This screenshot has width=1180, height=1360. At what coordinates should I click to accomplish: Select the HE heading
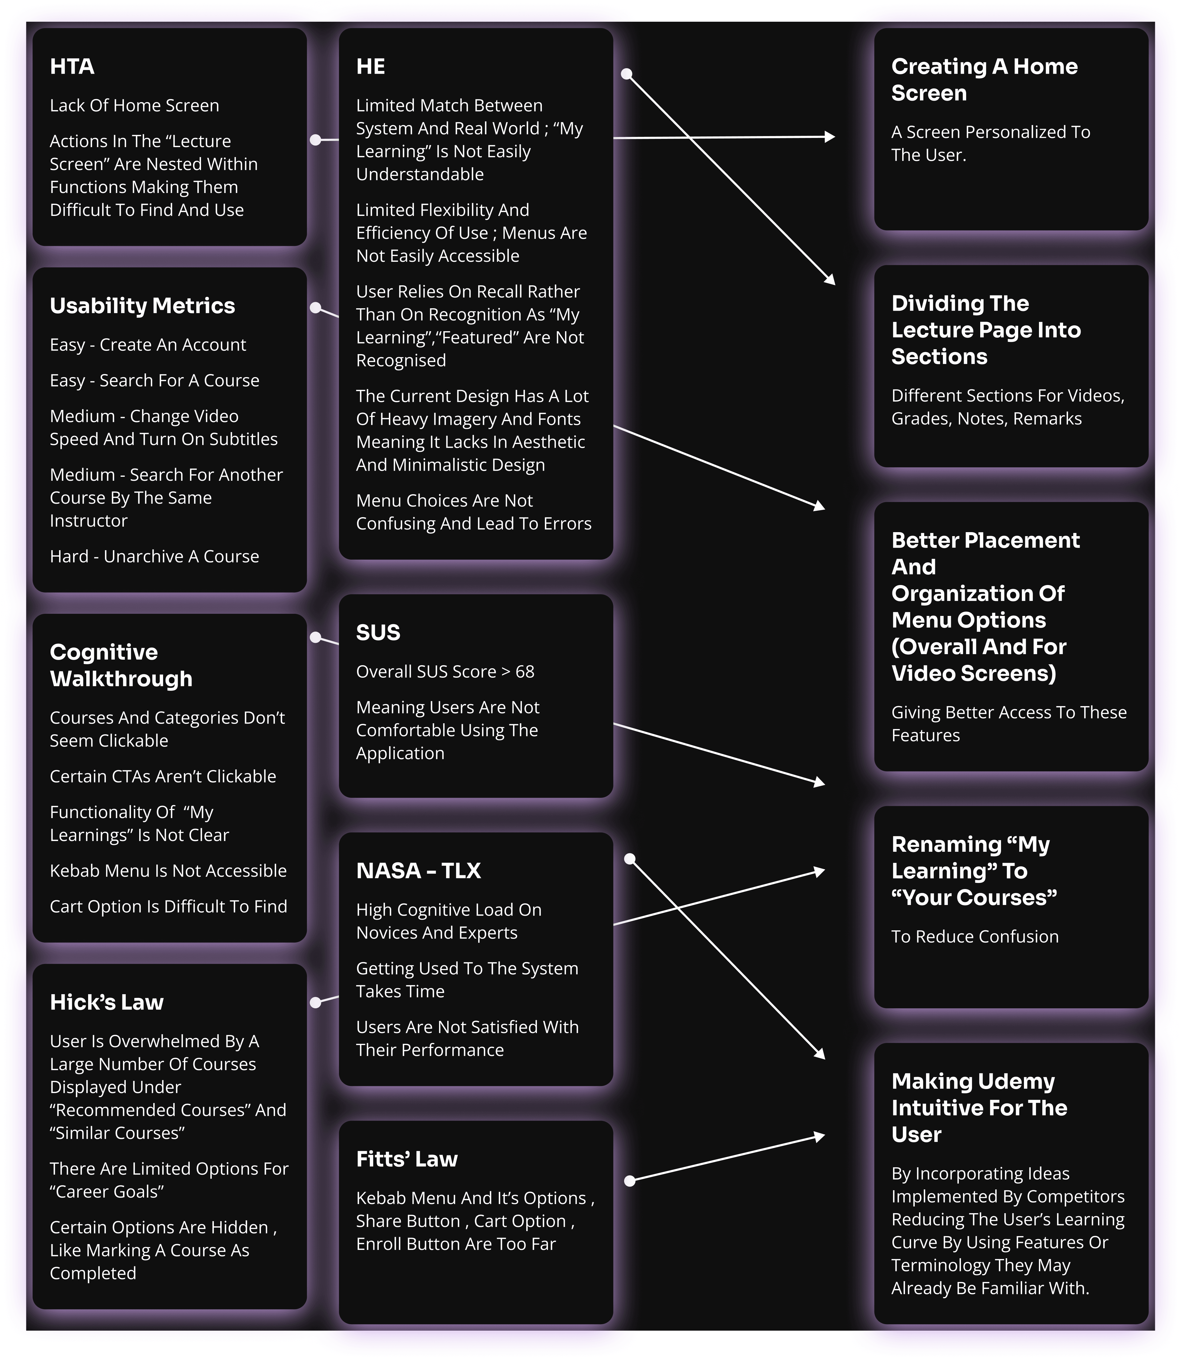(x=371, y=66)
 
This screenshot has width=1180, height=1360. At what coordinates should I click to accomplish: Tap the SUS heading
(x=378, y=633)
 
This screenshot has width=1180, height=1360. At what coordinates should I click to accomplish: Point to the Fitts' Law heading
(x=406, y=1159)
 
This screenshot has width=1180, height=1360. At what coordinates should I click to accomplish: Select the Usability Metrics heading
(x=142, y=306)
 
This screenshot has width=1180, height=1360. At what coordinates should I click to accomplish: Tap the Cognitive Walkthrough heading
(x=121, y=665)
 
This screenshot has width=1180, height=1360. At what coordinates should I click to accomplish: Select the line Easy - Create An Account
(x=147, y=345)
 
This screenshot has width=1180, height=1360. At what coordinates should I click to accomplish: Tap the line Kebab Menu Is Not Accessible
(x=168, y=871)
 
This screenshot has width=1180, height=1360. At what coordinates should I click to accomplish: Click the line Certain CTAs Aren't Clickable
(x=163, y=777)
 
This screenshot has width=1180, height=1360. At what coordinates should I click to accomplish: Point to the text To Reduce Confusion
(x=974, y=937)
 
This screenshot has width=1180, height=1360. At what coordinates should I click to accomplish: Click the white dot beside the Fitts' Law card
(x=630, y=1181)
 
